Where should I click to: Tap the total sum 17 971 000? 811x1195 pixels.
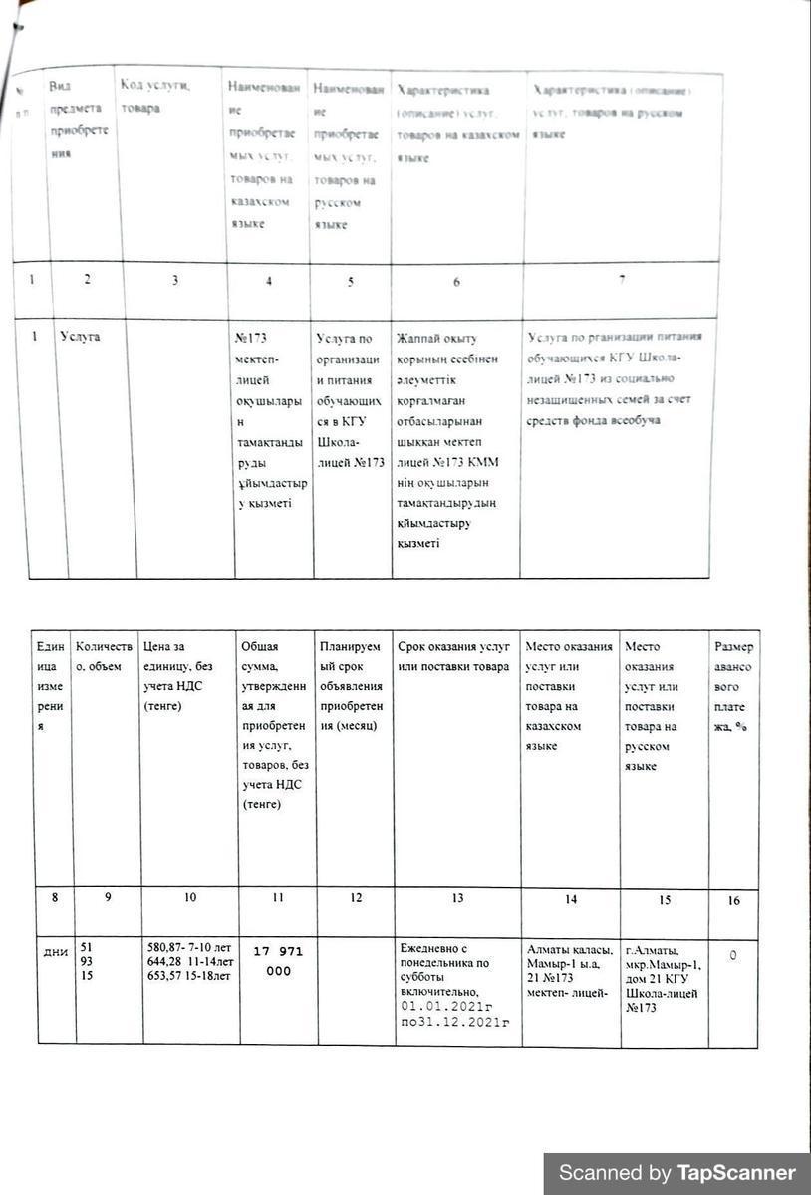coord(279,961)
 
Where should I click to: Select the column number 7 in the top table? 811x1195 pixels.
coord(621,279)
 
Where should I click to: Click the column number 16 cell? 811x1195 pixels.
coord(734,900)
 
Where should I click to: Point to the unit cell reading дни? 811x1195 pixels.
coord(56,952)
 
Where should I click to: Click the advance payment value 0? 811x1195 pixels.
coord(733,955)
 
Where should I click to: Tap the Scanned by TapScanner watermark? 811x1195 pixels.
coord(676,1172)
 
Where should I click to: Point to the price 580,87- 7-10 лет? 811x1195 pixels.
coord(188,948)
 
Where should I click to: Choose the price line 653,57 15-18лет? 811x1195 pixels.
coord(189,975)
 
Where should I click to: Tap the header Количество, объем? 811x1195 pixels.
coord(104,656)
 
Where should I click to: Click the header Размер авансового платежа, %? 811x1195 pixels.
coord(733,687)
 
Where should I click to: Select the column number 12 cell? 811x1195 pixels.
coord(354,898)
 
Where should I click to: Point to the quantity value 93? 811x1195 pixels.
coord(86,962)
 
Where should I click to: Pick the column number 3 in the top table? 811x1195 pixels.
coord(174,280)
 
